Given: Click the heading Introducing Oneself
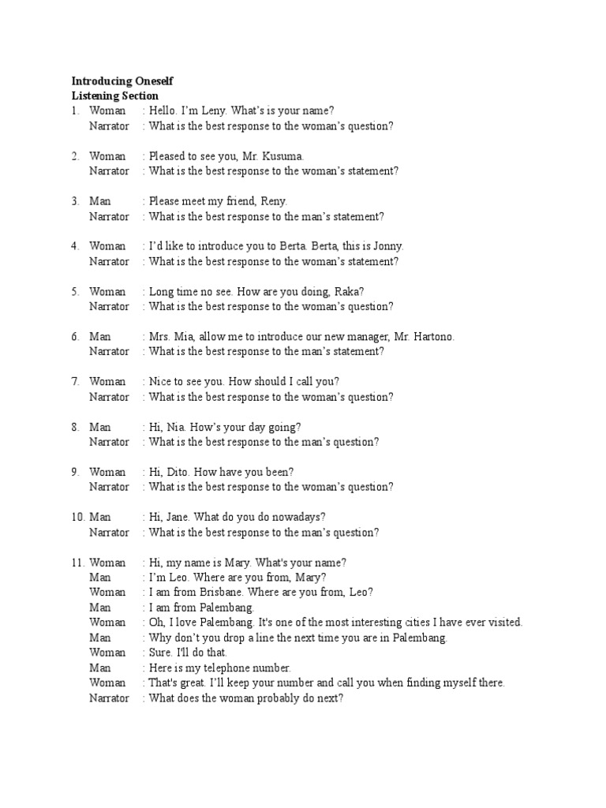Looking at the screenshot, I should (122, 80).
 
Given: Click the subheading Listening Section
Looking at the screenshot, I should (115, 95).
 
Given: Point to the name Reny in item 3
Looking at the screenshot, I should (272, 201).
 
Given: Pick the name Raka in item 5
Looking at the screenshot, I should (348, 291).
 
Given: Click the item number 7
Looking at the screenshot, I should (75, 382).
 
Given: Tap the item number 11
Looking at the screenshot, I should (77, 563).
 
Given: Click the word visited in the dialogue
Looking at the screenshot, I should (503, 622).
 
